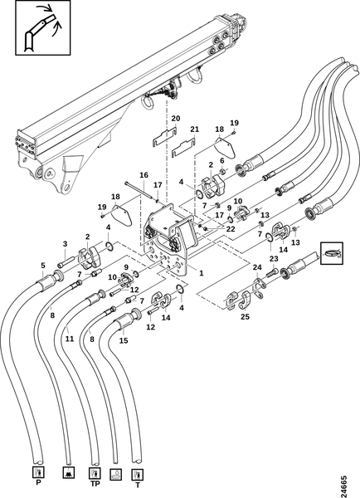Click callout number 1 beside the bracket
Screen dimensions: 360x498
pos(202,273)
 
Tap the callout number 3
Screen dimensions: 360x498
pos(65,244)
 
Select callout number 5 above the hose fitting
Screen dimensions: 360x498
pos(43,265)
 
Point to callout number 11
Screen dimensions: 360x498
pos(70,339)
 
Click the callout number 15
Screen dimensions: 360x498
pos(124,340)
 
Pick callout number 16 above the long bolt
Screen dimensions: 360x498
pos(144,175)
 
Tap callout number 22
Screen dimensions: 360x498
pos(230,229)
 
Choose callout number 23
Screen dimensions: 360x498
pos(274,259)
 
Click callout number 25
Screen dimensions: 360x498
pos(245,317)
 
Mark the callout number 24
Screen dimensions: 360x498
pos(257,268)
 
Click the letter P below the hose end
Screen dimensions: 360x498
pos(39,483)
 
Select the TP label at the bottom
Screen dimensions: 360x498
pos(95,484)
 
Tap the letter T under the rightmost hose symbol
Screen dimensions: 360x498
pos(138,486)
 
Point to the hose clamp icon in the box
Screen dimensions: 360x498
pos(332,253)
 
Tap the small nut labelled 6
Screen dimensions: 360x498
pos(222,172)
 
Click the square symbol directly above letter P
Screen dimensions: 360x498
pos(39,472)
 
